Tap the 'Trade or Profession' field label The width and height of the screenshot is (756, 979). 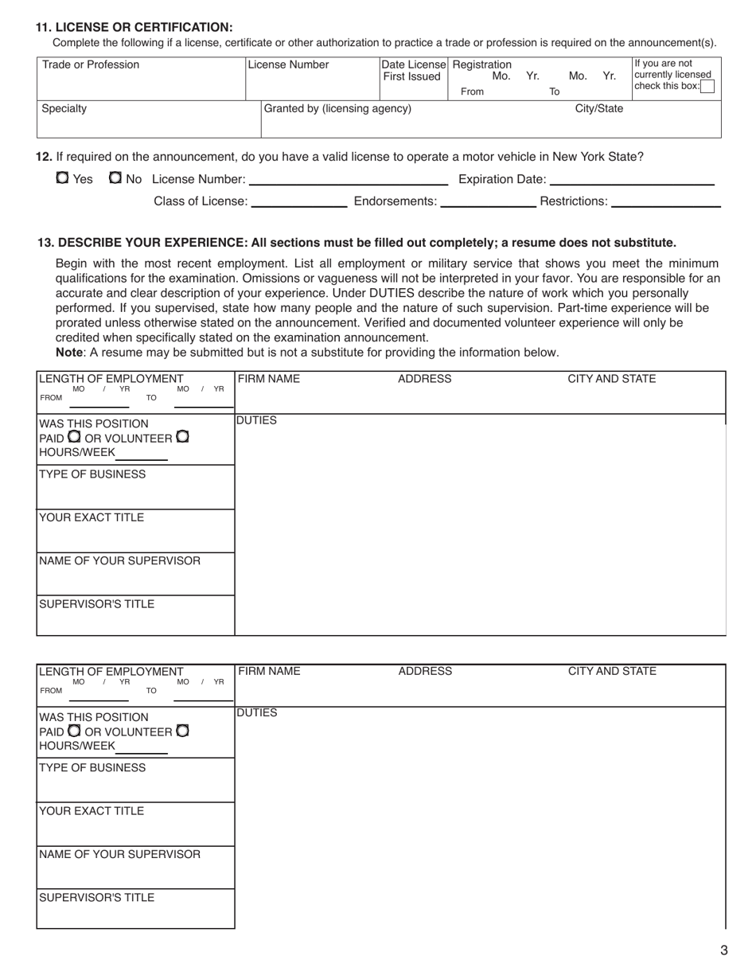click(90, 65)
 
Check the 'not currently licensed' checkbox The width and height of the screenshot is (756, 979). click(707, 87)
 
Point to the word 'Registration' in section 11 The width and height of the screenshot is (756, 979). click(481, 64)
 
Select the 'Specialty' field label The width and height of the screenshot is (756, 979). click(64, 108)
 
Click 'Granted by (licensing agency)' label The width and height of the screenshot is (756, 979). click(337, 108)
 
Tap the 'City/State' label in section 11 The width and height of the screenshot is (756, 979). click(599, 108)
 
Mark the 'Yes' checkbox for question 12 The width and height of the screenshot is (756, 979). click(62, 178)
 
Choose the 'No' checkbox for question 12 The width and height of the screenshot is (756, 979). click(115, 178)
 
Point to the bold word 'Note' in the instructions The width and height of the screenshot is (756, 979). click(68, 352)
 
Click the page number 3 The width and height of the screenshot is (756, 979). click(723, 950)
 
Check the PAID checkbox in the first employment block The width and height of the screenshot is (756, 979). click(74, 437)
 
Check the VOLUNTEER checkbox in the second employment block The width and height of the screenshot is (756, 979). click(182, 730)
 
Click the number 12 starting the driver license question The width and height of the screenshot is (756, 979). click(44, 157)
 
